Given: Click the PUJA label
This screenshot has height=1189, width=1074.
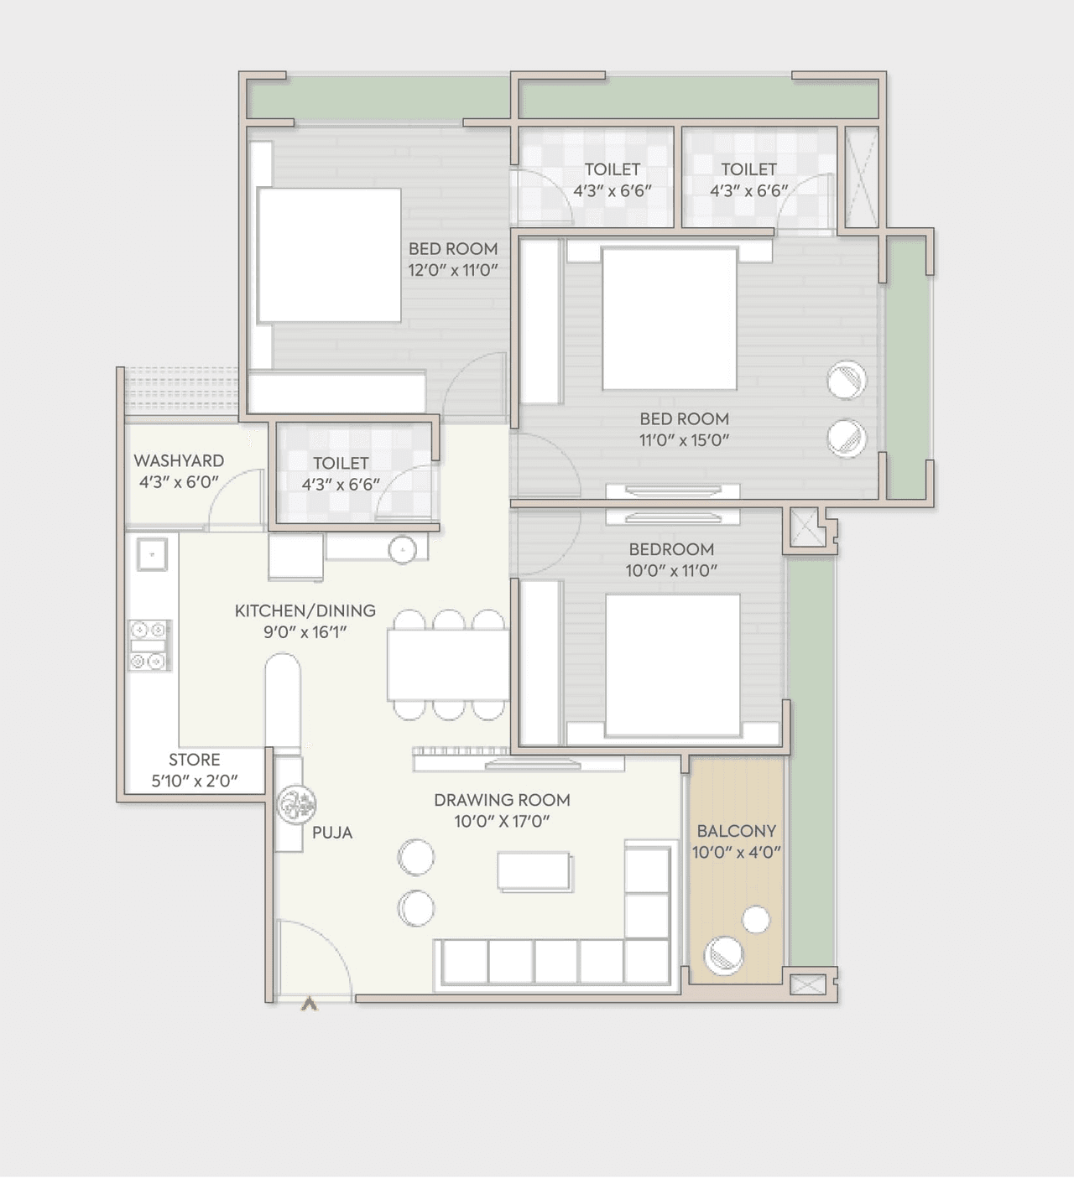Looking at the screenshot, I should click(x=332, y=833).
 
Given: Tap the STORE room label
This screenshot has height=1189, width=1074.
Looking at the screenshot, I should click(x=194, y=760).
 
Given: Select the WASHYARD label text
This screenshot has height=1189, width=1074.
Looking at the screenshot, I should click(x=179, y=460).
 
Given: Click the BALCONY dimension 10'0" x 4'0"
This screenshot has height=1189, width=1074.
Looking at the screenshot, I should click(x=736, y=853).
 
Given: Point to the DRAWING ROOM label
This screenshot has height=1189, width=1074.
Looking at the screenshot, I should click(x=502, y=800).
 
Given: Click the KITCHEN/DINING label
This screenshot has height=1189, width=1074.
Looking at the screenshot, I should click(x=305, y=610).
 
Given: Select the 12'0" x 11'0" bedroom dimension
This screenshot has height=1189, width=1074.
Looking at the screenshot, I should click(x=453, y=270).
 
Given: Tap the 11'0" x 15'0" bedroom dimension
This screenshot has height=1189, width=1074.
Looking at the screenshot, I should click(x=684, y=440).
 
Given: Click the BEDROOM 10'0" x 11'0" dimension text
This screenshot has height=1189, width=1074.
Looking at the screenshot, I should click(x=671, y=571).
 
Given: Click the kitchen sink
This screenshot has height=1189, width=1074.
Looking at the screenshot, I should click(x=153, y=554).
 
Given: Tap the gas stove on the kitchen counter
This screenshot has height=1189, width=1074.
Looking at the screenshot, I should click(x=149, y=645).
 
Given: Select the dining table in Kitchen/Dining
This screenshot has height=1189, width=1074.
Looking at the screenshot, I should click(x=448, y=665).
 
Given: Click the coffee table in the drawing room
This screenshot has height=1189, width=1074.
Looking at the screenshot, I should click(x=534, y=870).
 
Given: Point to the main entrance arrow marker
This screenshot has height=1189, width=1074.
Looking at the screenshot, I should click(x=309, y=1003).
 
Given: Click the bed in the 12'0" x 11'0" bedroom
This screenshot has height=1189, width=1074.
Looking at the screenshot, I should click(x=329, y=255).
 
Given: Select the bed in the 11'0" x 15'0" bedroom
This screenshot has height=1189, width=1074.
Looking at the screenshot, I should click(x=670, y=319).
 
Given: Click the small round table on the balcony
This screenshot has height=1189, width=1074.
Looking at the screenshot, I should click(x=756, y=920).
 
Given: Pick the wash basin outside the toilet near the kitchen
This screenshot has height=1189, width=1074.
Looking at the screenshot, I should click(x=403, y=550).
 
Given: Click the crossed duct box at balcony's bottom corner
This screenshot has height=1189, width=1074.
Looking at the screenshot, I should click(x=807, y=984).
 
